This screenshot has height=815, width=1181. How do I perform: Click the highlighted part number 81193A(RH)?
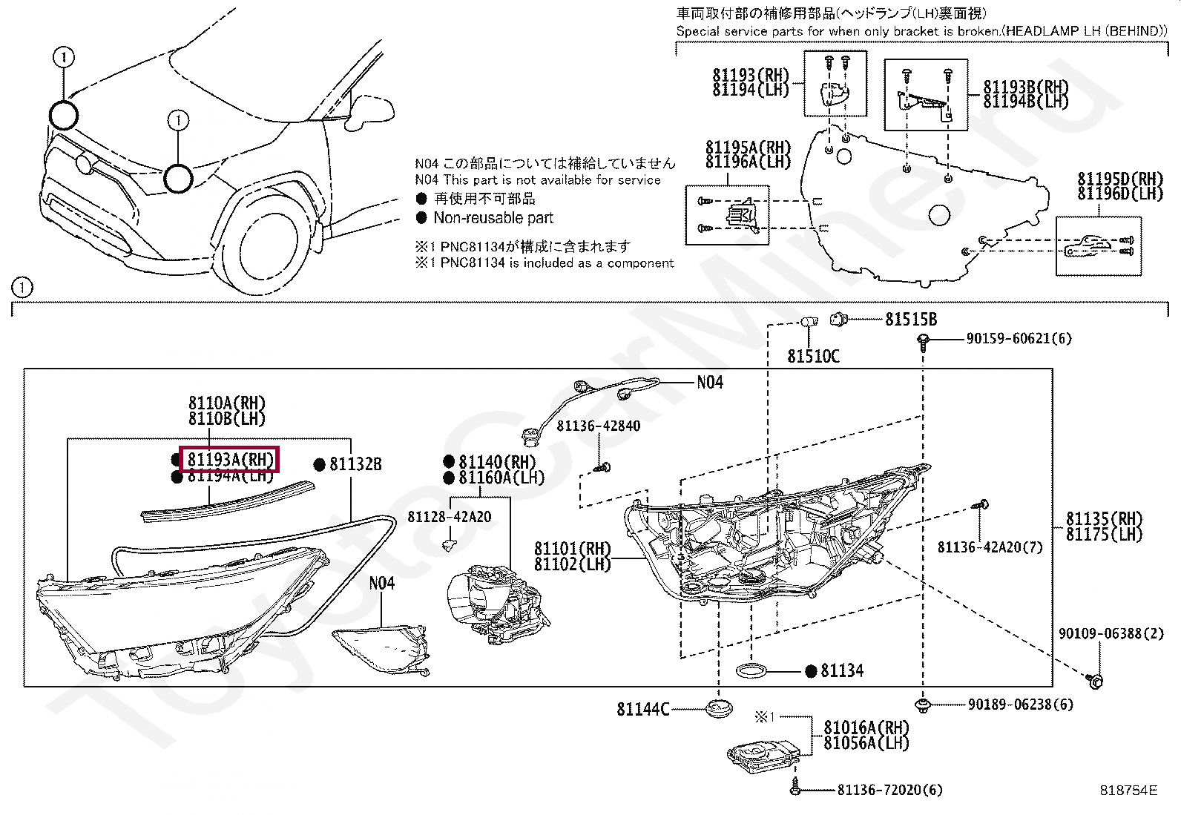coord(229,460)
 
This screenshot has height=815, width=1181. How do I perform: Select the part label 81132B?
coord(355,464)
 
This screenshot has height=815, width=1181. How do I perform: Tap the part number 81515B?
coord(911,320)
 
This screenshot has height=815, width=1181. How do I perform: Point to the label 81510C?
coord(813,357)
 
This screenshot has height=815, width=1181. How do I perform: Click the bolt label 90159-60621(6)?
coord(1019,339)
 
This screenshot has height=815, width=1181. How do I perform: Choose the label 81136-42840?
coord(598,426)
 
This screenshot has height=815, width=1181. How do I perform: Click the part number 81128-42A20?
coord(449,517)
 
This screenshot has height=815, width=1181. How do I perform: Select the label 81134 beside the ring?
coord(842,671)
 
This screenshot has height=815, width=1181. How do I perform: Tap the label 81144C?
coord(642,710)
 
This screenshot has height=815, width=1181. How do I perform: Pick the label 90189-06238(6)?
coord(1020,705)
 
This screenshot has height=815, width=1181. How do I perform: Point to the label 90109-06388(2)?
coord(1111,634)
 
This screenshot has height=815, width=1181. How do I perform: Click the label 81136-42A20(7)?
coord(990,547)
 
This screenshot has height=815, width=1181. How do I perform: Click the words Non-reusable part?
coord(493,218)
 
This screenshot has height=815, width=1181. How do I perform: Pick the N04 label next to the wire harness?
coord(709,383)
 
